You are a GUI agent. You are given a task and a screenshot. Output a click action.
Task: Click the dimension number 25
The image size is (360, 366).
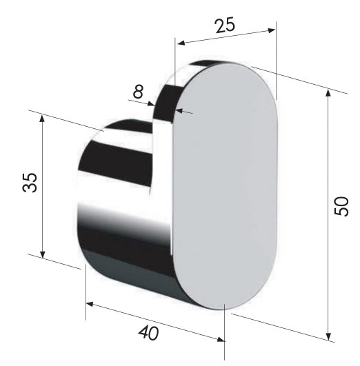[225, 25]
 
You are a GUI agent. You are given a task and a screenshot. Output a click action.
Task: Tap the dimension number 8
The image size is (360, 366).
[138, 92]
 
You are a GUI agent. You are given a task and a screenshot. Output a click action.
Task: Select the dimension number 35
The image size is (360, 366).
[30, 183]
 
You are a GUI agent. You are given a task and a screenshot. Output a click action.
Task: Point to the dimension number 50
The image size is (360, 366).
[341, 206]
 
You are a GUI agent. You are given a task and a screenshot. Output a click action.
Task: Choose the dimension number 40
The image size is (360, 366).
[148, 332]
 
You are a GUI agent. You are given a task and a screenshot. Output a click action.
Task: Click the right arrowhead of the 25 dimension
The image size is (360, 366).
[272, 30]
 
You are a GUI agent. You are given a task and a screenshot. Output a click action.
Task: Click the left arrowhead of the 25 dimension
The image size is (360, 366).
[181, 43]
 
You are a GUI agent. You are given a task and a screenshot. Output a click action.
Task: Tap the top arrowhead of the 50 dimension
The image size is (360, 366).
[328, 93]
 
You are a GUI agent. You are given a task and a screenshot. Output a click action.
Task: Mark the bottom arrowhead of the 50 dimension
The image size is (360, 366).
[328, 336]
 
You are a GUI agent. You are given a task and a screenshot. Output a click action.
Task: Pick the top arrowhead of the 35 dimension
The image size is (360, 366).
[42, 119]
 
